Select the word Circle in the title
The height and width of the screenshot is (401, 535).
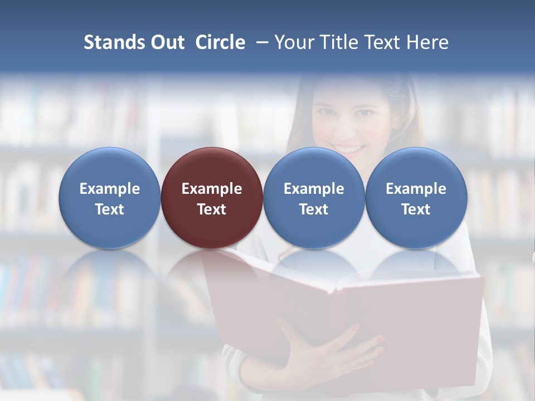pos(220,42)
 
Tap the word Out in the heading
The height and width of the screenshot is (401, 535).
pos(166,42)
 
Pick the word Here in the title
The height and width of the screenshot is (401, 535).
pos(427,42)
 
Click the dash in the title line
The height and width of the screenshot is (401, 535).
pos(260,42)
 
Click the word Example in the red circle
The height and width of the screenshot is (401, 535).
pos(212,189)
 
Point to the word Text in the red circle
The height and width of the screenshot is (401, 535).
pos(212,209)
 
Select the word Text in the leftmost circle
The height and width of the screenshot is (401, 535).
pos(109,209)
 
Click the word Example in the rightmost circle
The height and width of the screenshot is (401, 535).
pos(416,189)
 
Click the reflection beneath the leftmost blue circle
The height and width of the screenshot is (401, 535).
pos(109,273)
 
